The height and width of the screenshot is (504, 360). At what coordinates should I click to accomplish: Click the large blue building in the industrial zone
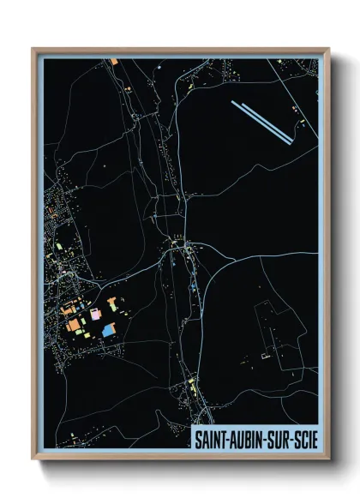(x=108, y=330)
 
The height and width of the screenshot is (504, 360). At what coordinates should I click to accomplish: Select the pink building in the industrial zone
(x=94, y=315)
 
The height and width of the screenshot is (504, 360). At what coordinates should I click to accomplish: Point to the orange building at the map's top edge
(x=114, y=62)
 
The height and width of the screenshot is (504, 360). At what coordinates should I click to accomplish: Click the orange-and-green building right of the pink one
(x=112, y=303)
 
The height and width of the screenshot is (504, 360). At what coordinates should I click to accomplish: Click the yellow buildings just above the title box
(x=190, y=390)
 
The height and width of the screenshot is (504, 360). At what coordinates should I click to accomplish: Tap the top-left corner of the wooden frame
(x=33, y=49)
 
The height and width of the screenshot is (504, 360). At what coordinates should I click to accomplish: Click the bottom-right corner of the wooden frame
(x=329, y=459)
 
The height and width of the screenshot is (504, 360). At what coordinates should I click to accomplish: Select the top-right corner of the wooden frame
(x=329, y=49)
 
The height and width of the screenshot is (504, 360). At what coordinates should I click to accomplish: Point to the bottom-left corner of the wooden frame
(x=33, y=459)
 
